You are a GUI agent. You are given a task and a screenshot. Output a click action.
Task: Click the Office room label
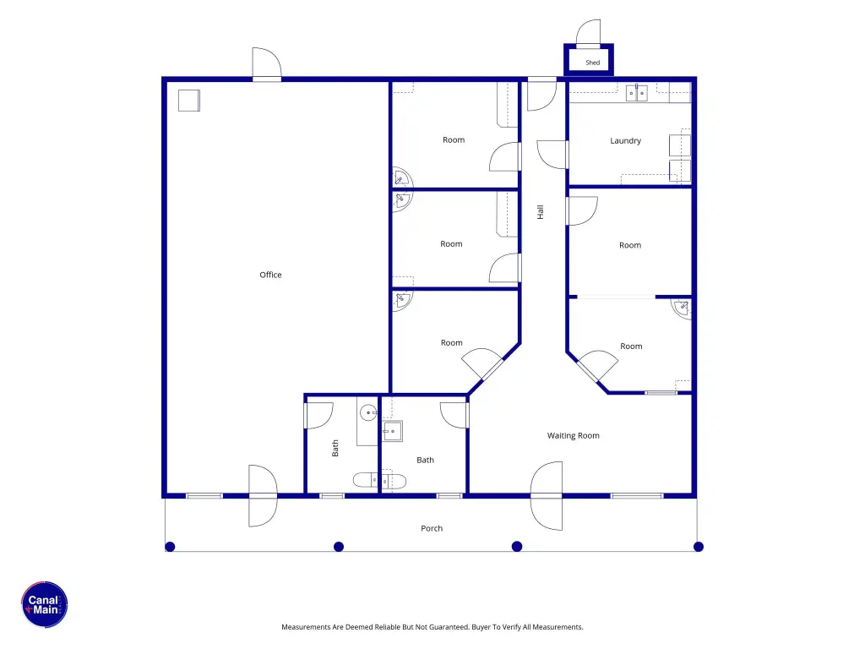(x=270, y=275)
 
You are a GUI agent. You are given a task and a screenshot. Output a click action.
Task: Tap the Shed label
(x=592, y=63)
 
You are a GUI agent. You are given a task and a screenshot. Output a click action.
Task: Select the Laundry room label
(x=625, y=141)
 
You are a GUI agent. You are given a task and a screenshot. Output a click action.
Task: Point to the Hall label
(x=540, y=212)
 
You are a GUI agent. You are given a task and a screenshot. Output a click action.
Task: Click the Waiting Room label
(x=574, y=435)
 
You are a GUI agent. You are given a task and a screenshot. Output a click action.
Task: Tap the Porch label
(x=432, y=528)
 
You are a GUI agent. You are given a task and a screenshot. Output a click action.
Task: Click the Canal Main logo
(x=45, y=604)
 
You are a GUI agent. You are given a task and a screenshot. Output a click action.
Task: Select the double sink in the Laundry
(x=637, y=93)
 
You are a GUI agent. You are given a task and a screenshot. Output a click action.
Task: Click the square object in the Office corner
(x=188, y=101)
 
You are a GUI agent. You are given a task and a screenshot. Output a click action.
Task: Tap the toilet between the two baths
(x=379, y=481)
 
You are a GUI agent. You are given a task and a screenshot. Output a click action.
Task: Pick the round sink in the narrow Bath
(x=368, y=412)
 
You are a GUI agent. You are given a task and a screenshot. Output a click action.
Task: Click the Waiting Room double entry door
(x=547, y=495)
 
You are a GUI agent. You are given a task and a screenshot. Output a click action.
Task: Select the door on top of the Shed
(x=589, y=33)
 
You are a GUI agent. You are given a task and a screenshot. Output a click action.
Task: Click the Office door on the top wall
(x=267, y=64)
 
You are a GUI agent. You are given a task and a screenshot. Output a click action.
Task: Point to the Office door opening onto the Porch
(x=263, y=495)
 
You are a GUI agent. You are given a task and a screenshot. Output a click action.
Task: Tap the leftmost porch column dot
(x=170, y=547)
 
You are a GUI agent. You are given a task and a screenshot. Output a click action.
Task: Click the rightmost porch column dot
(x=699, y=547)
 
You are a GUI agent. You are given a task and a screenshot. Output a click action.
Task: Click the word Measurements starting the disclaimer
(x=306, y=627)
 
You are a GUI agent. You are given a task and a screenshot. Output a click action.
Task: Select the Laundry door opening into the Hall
(x=552, y=155)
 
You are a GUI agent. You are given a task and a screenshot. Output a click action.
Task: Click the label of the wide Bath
(x=425, y=460)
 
